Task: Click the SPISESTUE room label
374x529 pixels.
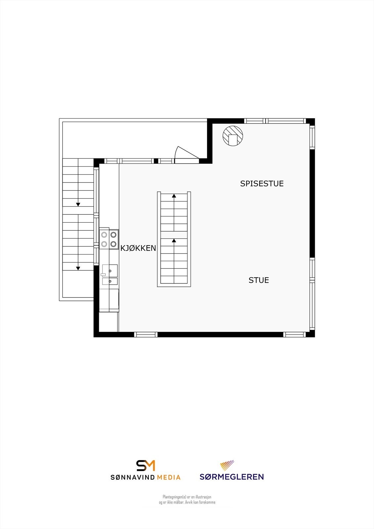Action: coord(262,183)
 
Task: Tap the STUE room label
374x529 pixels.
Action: coord(259,280)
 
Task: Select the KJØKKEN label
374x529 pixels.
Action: coord(138,248)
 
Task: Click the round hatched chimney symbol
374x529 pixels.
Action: coord(233,136)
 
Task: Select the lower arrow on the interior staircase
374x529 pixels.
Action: coord(174,241)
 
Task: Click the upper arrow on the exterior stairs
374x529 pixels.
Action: coord(78,204)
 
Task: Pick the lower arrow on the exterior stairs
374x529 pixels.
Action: coord(78,268)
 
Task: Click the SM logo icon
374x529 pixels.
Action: coord(146,466)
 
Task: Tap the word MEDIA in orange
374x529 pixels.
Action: coord(169,477)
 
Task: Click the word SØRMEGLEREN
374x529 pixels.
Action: coord(231,477)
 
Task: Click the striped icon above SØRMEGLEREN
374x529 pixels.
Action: coord(227,466)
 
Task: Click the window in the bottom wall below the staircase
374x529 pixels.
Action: coord(146,335)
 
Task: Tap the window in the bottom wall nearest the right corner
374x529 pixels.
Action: coord(294,335)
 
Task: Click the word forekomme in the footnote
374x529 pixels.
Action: coord(207,502)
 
